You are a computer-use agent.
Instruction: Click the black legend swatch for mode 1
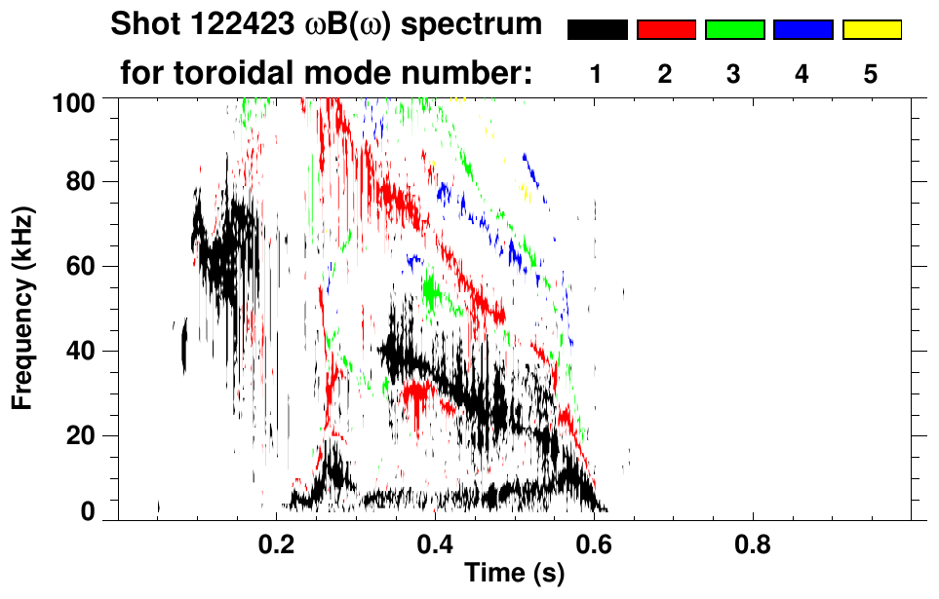598,29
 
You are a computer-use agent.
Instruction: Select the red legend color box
666,29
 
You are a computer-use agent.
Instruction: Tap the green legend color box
734,29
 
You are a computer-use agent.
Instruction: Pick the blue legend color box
802,29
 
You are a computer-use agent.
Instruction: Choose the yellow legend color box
871,29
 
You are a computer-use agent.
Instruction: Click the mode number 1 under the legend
597,74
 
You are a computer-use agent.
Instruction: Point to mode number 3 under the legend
733,74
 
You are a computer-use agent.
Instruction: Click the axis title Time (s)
513,574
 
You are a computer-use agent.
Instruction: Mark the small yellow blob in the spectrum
523,192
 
